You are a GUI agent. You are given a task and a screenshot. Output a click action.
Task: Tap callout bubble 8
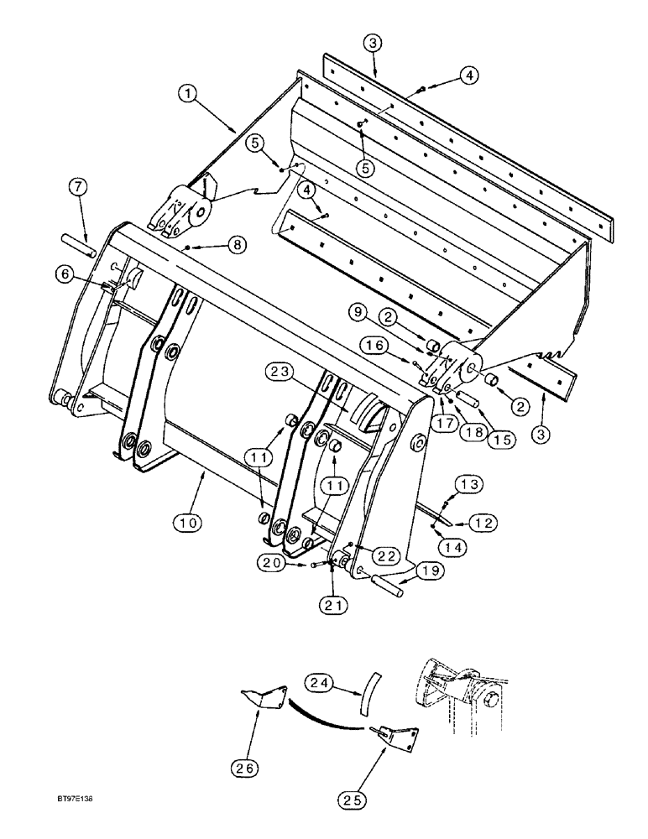click(x=237, y=244)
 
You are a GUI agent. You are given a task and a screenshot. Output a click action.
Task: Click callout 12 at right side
click(x=483, y=522)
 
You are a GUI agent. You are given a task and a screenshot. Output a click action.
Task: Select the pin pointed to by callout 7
click(x=82, y=247)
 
